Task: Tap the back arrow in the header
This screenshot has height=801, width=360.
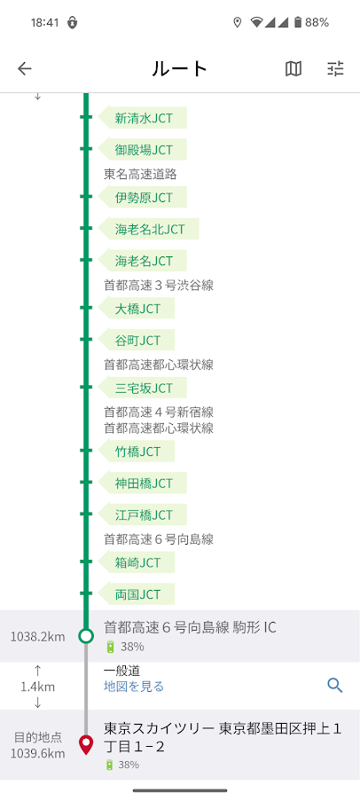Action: point(25,68)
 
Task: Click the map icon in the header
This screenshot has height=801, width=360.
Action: point(293,68)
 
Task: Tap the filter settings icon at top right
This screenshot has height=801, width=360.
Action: point(335,68)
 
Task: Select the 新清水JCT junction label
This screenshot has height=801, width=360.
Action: point(143,118)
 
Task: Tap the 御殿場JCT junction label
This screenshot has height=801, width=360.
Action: point(143,150)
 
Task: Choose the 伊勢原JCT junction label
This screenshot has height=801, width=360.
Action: point(143,197)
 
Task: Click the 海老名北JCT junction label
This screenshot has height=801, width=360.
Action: point(149,230)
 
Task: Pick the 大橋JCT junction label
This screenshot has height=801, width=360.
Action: point(137,309)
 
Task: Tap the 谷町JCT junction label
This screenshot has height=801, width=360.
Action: point(137,341)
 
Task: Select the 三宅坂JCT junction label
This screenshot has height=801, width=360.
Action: point(143,388)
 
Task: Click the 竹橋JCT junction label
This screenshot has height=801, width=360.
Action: point(137,452)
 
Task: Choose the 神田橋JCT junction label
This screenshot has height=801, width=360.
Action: point(143,483)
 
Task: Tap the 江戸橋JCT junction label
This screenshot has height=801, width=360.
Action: point(143,514)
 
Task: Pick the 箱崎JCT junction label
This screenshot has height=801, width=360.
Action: point(137,562)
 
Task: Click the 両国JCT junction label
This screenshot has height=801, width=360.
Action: point(137,594)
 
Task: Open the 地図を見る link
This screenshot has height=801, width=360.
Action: point(134,686)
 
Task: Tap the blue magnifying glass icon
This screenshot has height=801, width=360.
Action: point(335,685)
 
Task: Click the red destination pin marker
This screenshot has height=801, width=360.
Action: point(86,745)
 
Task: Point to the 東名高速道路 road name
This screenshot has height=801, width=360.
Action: point(140,174)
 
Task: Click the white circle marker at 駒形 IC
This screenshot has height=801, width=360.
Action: point(86,636)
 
